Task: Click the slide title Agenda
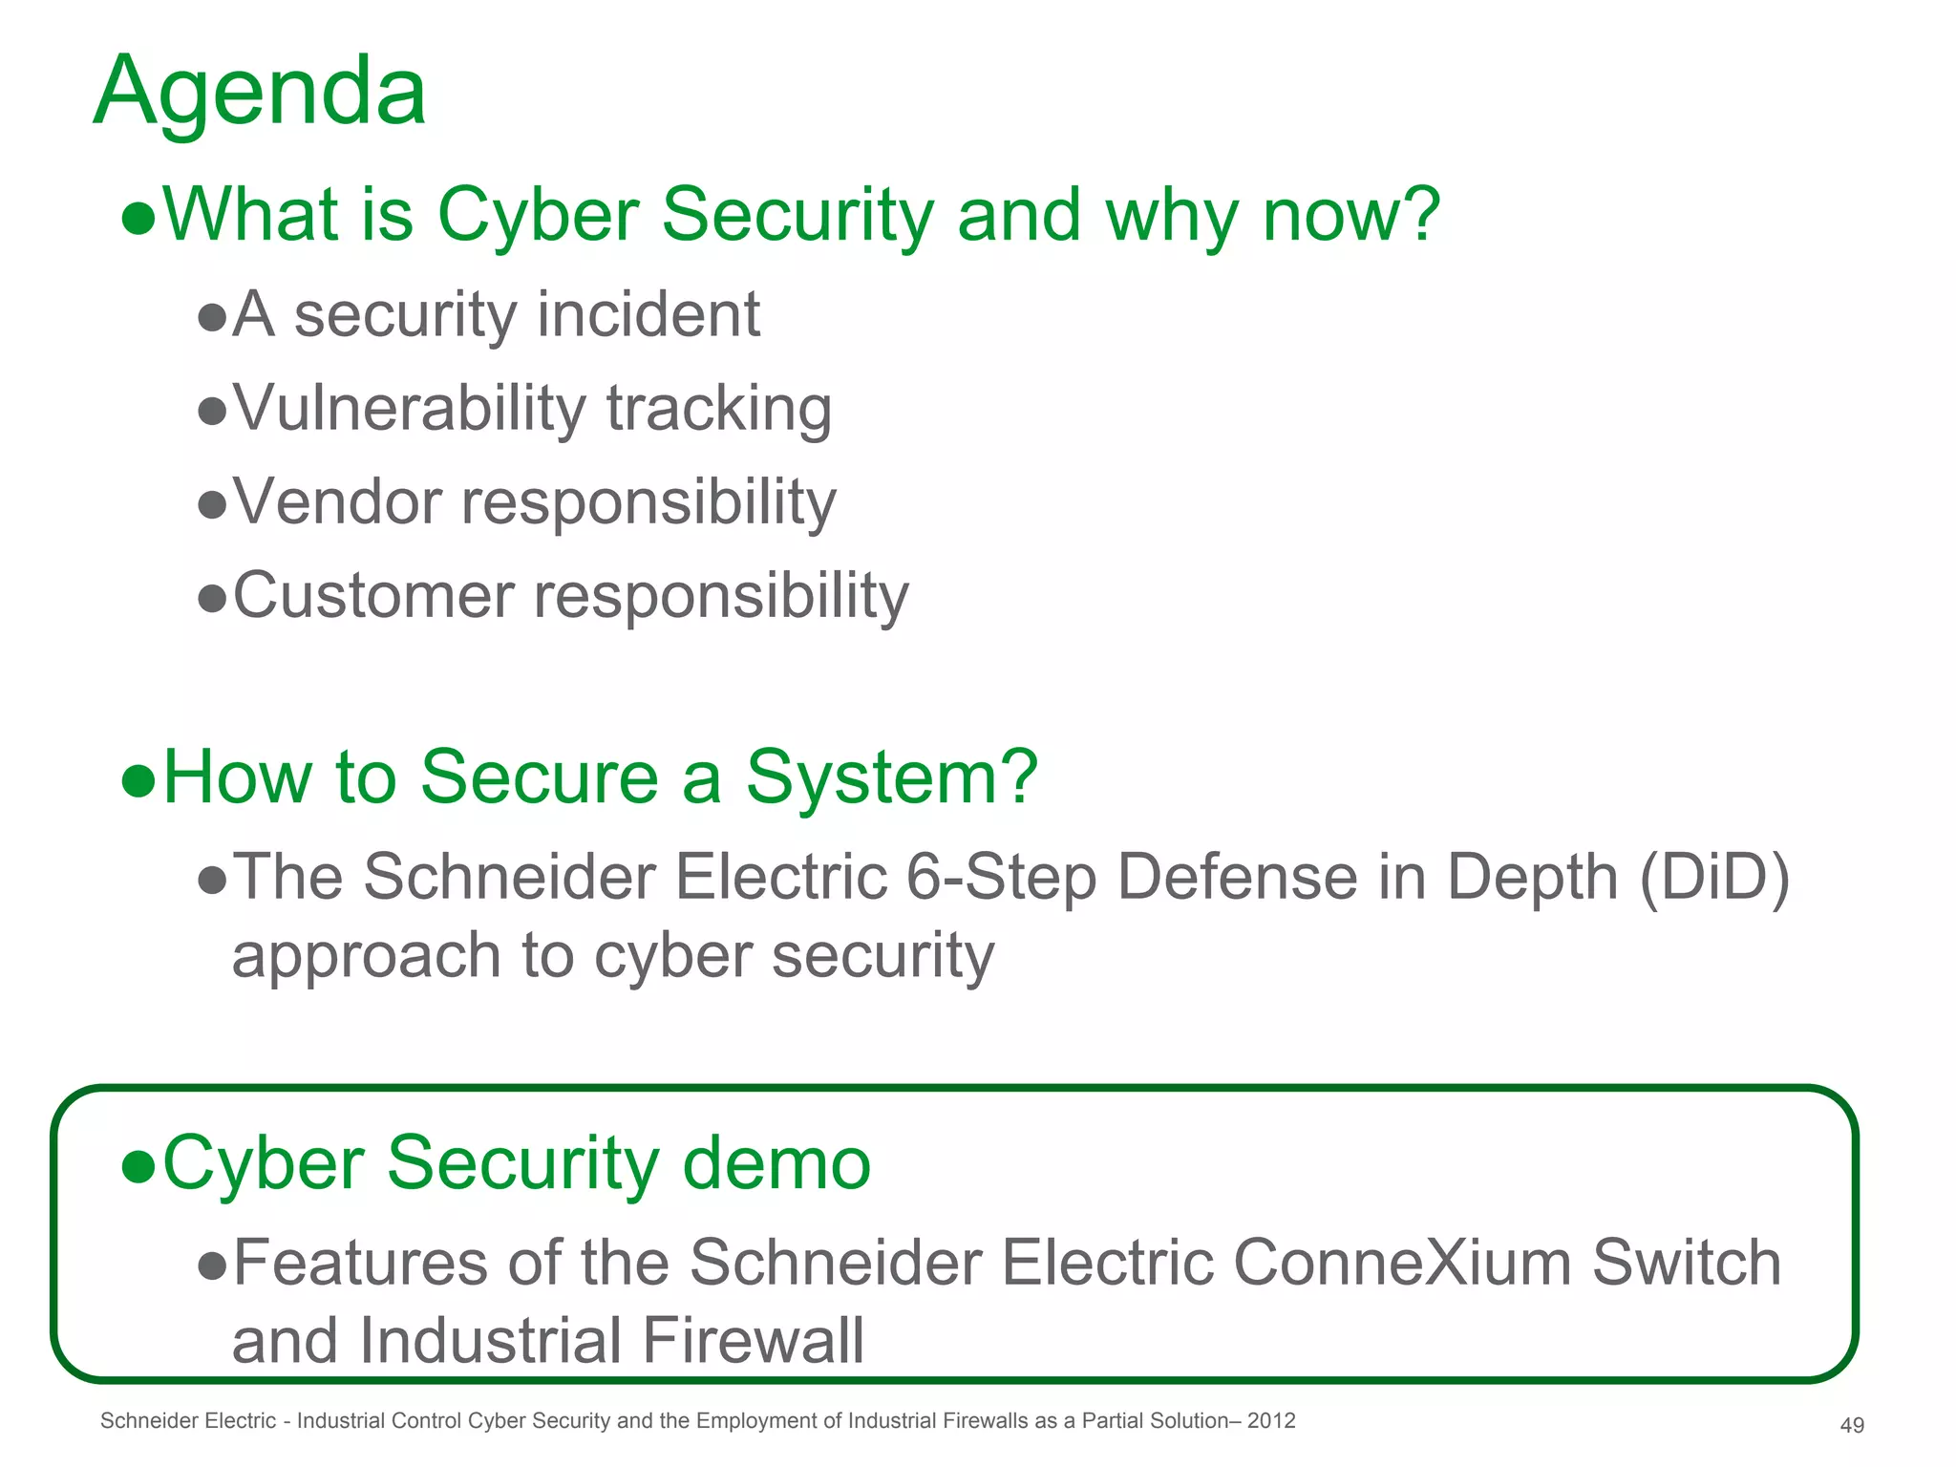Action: pos(260,93)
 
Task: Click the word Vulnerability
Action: pos(409,409)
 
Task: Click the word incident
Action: pos(648,315)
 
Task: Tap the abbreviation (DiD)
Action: pos(1714,877)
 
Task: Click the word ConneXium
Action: pos(1402,1263)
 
